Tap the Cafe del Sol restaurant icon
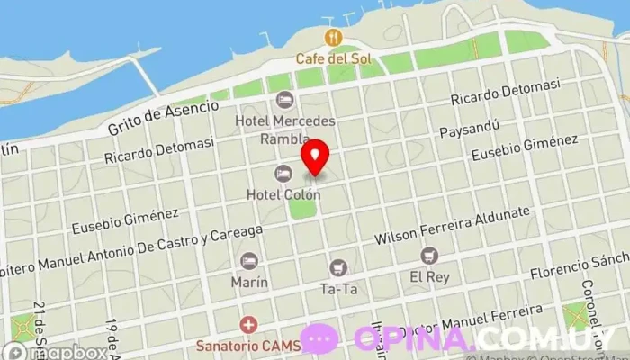(x=334, y=37)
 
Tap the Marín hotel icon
(x=249, y=260)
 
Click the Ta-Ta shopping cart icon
(x=337, y=266)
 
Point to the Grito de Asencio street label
(x=163, y=117)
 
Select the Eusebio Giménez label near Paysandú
(x=525, y=148)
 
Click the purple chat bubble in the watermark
(x=319, y=337)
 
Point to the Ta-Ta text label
(x=338, y=289)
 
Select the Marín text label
(x=249, y=282)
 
